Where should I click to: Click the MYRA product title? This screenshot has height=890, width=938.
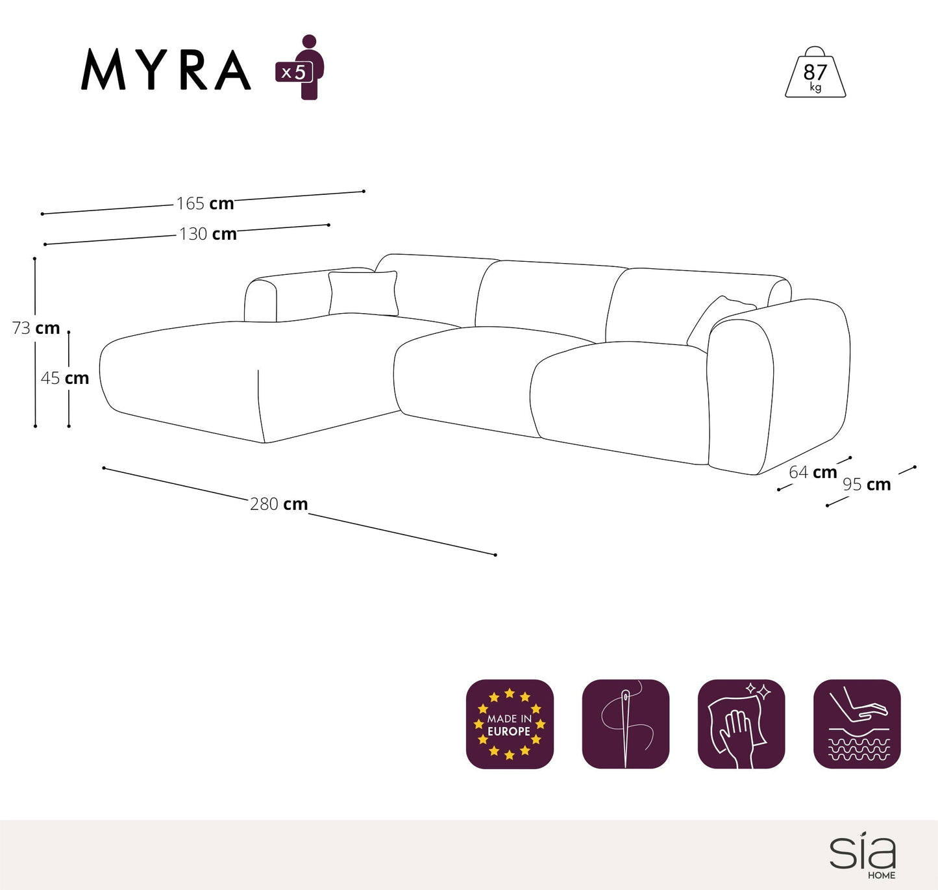166,70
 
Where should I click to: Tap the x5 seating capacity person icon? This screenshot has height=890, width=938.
301,68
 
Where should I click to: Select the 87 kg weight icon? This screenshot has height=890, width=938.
815,73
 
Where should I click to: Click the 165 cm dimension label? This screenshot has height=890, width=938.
205,203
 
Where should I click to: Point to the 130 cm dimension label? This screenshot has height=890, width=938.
208,234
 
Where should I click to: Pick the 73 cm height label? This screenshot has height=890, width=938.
36,328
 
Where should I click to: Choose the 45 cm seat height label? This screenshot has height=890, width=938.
65,378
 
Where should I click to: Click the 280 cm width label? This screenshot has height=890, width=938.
278,504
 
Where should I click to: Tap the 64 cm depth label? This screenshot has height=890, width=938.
813,472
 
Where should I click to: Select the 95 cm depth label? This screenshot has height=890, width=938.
867,485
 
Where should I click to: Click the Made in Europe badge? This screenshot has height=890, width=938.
510,724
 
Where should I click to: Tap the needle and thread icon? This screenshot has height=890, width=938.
625,724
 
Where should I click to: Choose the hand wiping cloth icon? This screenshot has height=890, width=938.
741,724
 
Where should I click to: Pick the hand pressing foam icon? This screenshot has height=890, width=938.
857,724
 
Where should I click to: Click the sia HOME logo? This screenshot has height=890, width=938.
863,856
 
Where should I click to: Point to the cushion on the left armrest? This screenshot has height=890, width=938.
363,293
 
